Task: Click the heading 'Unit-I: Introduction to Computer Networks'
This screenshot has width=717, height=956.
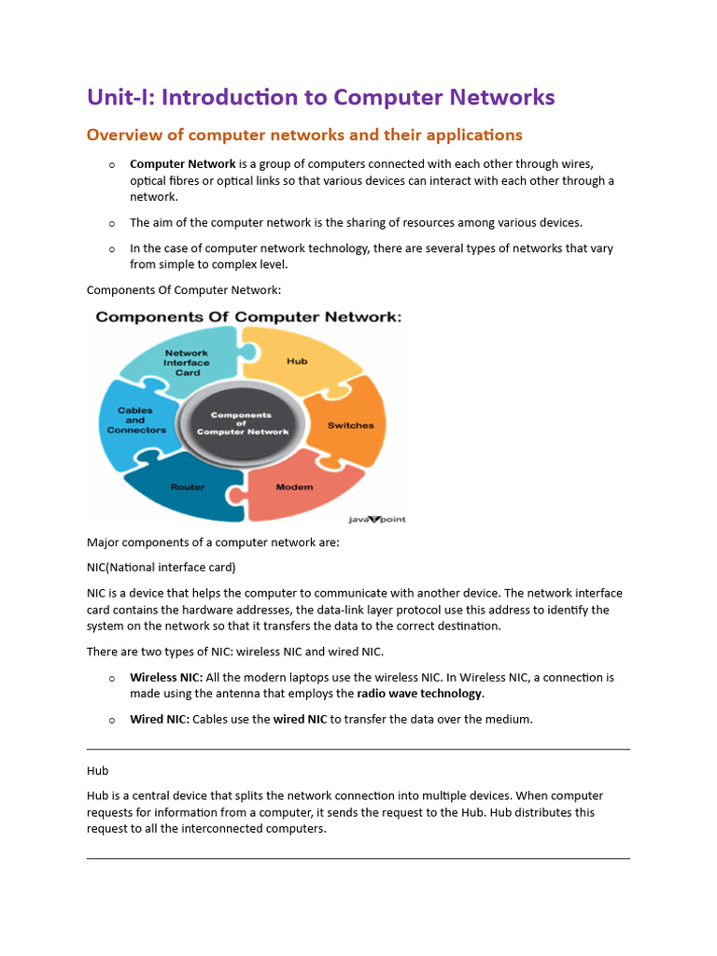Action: tap(320, 97)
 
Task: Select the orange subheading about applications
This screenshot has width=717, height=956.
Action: tap(304, 135)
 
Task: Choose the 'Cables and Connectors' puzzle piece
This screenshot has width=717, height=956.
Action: tap(136, 420)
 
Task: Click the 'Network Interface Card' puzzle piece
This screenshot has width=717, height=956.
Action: tap(187, 362)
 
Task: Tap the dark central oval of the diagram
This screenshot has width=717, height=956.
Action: tap(242, 425)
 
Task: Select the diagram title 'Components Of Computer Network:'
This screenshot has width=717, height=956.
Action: tap(248, 317)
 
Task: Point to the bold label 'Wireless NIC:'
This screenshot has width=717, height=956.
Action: tap(166, 677)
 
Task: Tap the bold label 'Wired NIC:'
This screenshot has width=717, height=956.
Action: tap(160, 719)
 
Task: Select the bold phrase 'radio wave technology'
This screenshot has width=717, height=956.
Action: tap(419, 694)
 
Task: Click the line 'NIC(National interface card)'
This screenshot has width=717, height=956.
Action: tap(161, 567)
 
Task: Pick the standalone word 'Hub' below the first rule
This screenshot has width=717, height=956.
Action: tap(97, 770)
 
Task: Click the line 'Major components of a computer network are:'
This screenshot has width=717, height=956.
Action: tap(212, 542)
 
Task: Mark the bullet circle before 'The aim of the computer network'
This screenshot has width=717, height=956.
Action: tap(112, 223)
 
